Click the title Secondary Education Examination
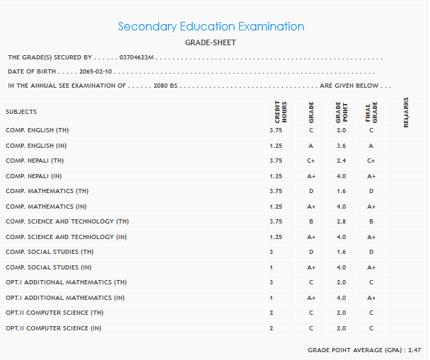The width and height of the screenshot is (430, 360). [211, 27]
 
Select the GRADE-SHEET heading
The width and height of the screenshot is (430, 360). [211, 42]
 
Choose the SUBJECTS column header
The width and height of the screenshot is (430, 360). [21, 112]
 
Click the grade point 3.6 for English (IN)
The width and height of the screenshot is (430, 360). [341, 146]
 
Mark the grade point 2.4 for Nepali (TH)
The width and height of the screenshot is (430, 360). [341, 161]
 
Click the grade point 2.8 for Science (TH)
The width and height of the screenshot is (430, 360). [341, 221]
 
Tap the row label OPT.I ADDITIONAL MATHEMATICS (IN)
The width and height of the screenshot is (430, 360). [64, 298]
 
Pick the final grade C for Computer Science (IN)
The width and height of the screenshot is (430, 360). [370, 328]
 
